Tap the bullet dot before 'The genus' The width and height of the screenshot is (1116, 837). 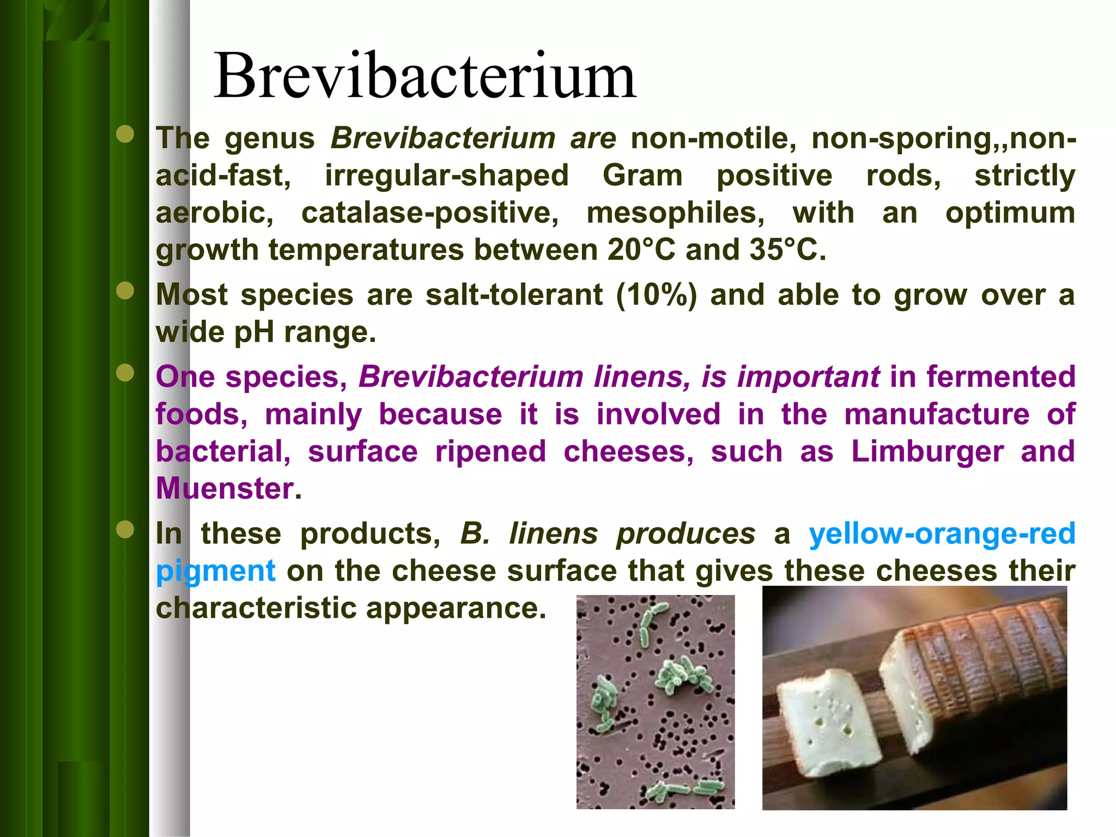[125, 134]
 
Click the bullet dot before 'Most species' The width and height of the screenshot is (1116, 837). [125, 291]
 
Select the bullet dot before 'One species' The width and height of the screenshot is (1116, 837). [125, 373]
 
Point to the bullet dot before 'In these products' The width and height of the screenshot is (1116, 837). [125, 529]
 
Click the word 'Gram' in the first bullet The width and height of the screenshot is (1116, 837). [642, 175]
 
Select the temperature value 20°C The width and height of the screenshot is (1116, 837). [641, 250]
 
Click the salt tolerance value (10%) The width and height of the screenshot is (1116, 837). [657, 295]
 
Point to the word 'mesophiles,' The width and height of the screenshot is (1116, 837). [676, 213]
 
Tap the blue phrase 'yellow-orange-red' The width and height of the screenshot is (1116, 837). [942, 533]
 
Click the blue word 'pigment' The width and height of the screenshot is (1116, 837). [216, 571]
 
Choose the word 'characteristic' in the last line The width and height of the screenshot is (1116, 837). [256, 608]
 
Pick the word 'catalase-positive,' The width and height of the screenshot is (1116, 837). [430, 213]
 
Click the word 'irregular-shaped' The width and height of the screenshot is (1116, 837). [447, 175]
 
